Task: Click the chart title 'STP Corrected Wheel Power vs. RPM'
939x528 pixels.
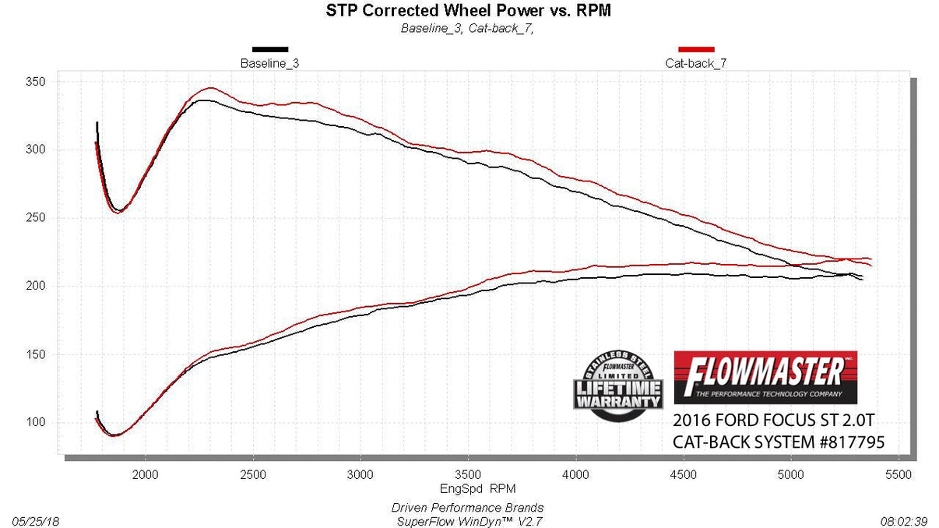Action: (x=467, y=11)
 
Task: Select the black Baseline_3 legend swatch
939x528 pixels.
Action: (x=269, y=49)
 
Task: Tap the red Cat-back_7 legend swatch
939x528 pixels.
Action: (x=696, y=49)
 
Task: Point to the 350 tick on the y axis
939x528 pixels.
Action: (x=37, y=82)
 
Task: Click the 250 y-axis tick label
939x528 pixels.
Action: (x=37, y=218)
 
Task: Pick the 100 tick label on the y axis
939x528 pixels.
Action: (x=37, y=423)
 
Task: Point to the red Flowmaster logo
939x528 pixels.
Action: (x=765, y=377)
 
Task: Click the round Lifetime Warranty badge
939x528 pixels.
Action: (x=619, y=387)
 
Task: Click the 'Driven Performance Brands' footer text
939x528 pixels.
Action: (x=467, y=508)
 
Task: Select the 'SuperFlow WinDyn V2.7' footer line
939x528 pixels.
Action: (x=467, y=520)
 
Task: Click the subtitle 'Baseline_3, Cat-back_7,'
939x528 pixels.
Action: (x=467, y=29)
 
